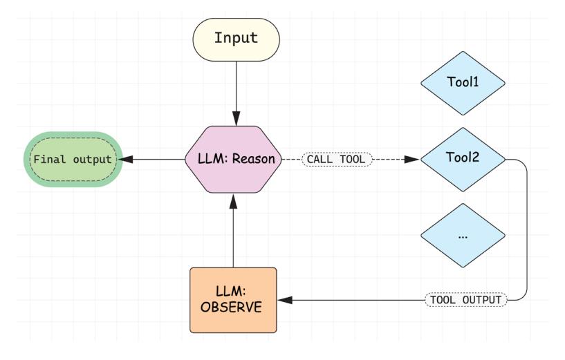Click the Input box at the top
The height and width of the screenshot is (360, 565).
click(x=235, y=38)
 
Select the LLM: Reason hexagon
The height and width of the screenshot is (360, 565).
click(x=235, y=159)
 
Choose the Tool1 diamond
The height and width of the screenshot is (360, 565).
click(x=463, y=82)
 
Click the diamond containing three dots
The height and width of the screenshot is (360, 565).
click(x=463, y=236)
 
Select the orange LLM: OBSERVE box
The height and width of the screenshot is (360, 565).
click(x=234, y=299)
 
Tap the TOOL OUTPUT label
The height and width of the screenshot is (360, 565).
click(x=465, y=300)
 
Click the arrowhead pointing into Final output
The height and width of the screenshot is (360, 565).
click(x=123, y=159)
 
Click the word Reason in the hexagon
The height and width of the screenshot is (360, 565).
click(x=256, y=159)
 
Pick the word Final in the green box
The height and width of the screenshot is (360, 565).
click(x=46, y=159)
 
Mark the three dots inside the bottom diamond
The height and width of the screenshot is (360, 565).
click(x=463, y=236)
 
